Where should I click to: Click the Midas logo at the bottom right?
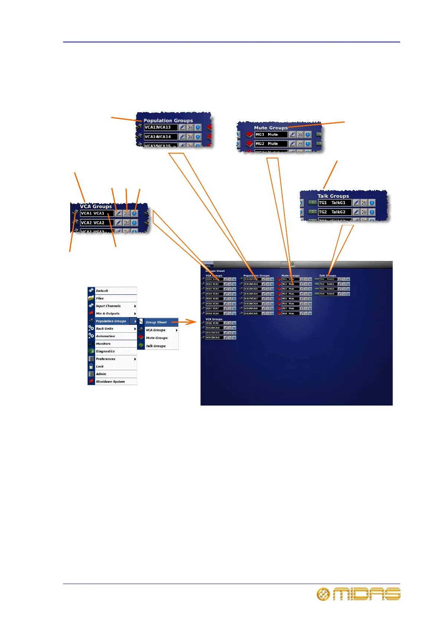358,594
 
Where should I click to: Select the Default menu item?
102,291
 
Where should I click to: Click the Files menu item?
100,298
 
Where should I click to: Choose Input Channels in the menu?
108,306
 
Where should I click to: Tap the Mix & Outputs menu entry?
108,313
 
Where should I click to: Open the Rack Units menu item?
105,329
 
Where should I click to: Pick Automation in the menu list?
105,336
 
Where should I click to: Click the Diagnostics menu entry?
105,351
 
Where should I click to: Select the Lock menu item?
100,367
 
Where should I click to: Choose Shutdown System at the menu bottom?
110,382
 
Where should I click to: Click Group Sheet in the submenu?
156,322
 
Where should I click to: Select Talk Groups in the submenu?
156,346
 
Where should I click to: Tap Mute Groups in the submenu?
157,338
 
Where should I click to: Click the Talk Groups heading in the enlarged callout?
333,196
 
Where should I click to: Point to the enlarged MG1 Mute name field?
271,135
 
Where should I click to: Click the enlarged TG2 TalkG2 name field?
334,212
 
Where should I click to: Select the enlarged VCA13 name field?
160,127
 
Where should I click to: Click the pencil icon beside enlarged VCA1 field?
118,213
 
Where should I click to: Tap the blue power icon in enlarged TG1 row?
372,203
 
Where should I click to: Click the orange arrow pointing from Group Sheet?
186,322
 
